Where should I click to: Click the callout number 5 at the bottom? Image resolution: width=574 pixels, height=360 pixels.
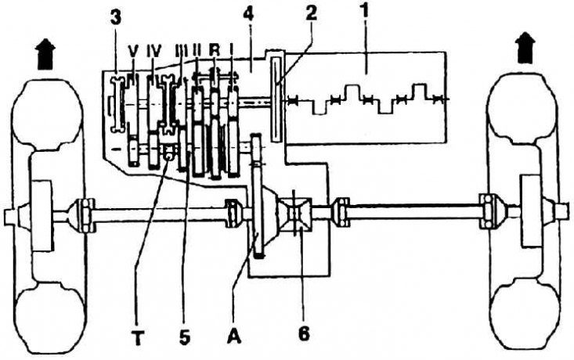tap(185, 337)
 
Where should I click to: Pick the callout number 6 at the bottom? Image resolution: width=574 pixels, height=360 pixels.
tap(304, 333)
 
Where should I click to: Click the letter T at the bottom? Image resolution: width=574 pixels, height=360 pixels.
tap(138, 337)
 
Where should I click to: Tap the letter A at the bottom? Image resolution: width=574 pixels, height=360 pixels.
tap(234, 336)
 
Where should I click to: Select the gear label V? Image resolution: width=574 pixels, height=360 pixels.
tap(133, 52)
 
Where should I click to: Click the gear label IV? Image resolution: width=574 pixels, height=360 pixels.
tap(153, 52)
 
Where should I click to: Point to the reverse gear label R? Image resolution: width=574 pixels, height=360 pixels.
tap(214, 50)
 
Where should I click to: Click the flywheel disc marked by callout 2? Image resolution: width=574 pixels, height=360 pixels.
tap(276, 99)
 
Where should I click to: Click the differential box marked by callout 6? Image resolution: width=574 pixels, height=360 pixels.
tap(295, 214)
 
